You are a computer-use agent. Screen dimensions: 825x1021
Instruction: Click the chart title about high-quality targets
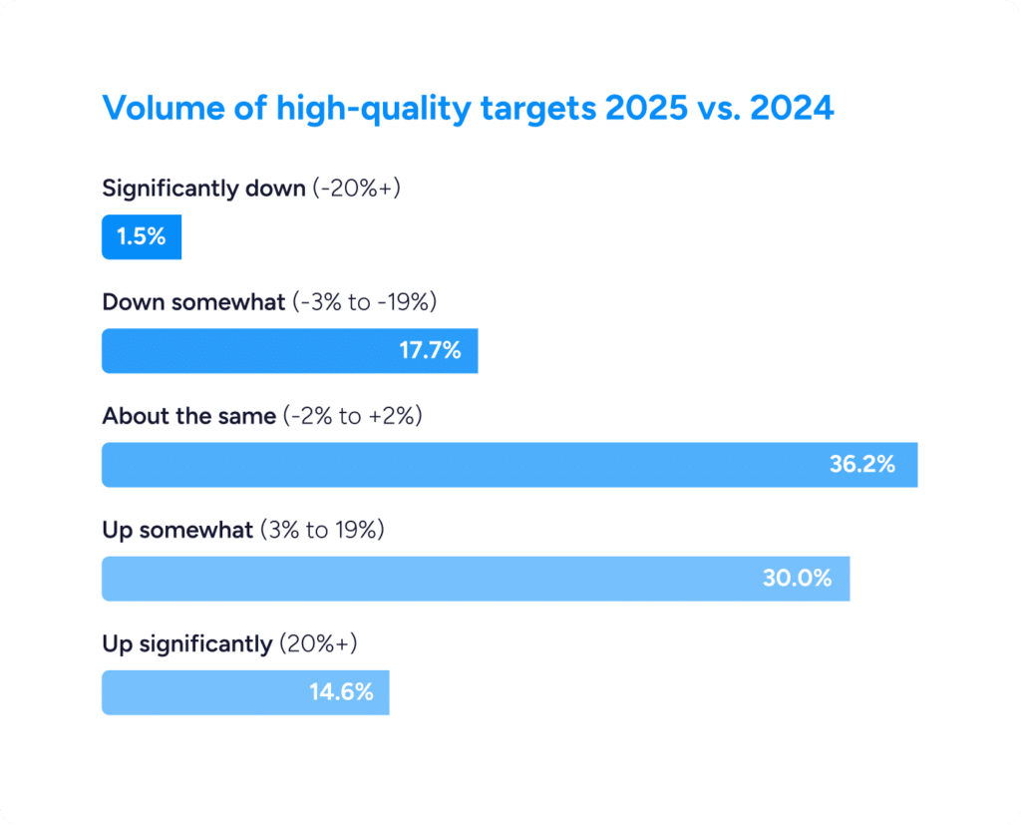468,108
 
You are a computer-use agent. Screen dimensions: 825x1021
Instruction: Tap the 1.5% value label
142,237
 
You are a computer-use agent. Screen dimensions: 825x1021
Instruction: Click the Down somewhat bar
249,351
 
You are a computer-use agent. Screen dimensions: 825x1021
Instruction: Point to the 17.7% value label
430,351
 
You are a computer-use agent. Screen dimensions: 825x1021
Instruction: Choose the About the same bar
449,465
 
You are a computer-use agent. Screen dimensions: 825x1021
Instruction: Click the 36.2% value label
861,465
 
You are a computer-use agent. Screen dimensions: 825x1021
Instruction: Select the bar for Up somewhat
419,579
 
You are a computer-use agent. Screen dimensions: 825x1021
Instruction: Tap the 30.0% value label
797,579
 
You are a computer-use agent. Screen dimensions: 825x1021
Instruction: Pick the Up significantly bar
199,692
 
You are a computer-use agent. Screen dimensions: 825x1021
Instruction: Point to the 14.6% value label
341,692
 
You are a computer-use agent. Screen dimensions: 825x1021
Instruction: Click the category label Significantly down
203,189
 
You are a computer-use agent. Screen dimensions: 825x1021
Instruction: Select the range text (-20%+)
356,189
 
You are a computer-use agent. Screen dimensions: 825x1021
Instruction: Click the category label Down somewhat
193,302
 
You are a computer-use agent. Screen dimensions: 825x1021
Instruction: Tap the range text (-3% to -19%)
365,302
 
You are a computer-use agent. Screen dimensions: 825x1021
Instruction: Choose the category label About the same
188,416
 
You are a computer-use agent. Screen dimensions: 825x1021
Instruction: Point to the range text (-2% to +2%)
352,416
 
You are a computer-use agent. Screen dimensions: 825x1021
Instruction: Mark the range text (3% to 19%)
322,530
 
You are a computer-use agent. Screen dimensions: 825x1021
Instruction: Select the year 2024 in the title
792,108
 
